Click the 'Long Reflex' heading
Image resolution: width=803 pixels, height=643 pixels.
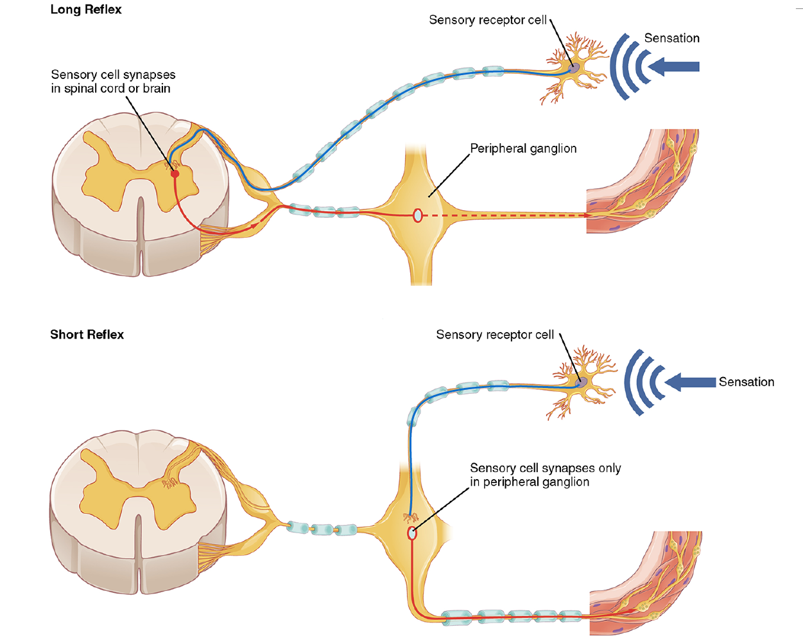86,10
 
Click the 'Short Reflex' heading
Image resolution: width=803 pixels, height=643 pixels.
87,335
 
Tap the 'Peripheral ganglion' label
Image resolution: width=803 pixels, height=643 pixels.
523,148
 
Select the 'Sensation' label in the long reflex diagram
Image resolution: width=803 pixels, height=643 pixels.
671,39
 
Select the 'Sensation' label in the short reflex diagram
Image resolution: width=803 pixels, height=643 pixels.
746,382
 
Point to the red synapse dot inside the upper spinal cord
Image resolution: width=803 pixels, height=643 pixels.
175,173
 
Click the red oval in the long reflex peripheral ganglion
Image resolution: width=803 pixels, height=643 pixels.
417,216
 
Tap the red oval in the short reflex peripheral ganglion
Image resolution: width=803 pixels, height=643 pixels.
412,533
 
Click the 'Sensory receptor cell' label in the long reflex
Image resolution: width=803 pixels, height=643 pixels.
487,20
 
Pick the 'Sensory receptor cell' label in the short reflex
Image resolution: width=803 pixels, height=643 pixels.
494,335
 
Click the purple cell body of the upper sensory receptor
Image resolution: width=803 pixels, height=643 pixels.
574,67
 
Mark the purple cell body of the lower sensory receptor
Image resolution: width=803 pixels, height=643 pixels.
582,382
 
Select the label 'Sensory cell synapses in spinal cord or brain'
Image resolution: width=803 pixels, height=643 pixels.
112,82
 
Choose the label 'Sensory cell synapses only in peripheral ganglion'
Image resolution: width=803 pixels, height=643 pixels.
544,475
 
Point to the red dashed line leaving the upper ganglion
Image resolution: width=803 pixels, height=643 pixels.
507,216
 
